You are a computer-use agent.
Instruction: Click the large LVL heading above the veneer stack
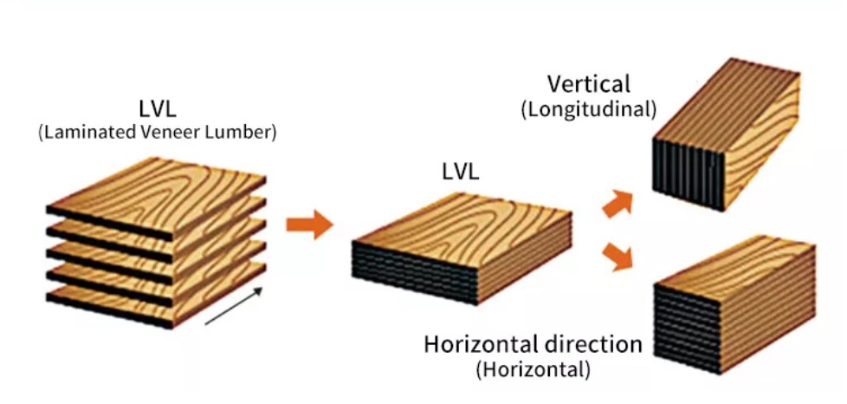click(x=156, y=109)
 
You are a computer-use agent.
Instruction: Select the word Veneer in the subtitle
click(x=168, y=133)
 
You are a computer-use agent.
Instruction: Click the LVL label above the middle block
click(x=460, y=173)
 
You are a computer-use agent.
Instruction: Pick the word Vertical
click(x=588, y=85)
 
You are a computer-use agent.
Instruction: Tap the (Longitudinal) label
click(x=588, y=110)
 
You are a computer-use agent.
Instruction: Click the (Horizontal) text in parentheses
click(x=533, y=370)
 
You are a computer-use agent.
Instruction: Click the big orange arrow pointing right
click(x=309, y=225)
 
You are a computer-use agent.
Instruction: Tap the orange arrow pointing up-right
click(x=617, y=203)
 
